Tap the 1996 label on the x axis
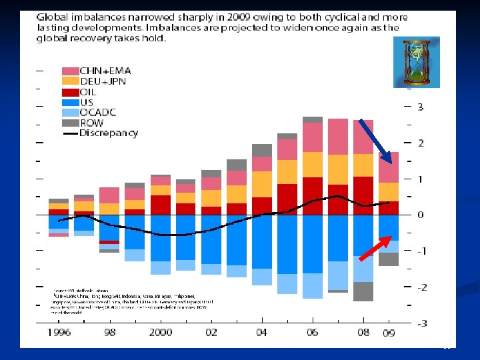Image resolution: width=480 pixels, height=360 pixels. click(60, 332)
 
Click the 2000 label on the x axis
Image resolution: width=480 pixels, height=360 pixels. click(161, 332)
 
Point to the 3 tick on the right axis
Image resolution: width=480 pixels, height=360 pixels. click(420, 107)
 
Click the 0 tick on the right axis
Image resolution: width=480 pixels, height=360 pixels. click(420, 215)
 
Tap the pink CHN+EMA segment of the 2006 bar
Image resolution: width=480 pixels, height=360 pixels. click(312, 137)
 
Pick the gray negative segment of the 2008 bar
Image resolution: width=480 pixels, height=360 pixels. click(363, 291)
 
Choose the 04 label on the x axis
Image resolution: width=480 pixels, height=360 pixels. click(262, 332)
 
